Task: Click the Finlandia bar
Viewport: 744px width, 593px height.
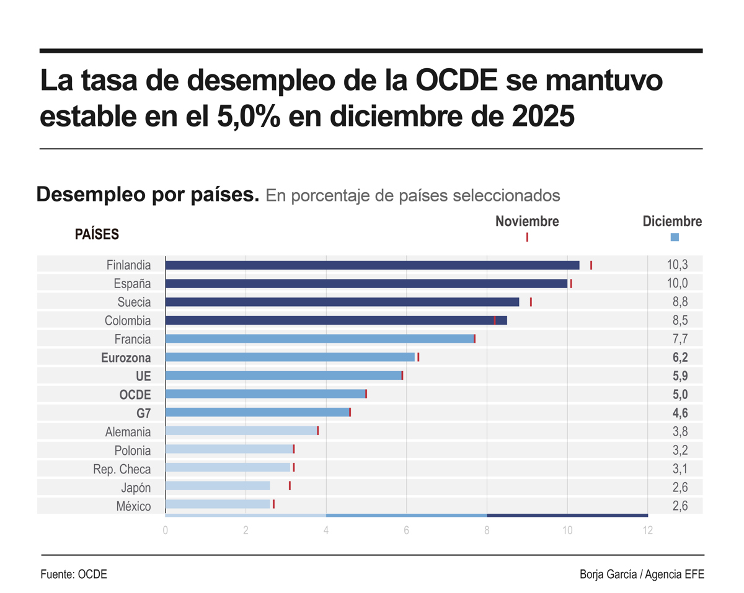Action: pyautogui.click(x=372, y=265)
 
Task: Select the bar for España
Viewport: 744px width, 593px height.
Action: pyautogui.click(x=366, y=284)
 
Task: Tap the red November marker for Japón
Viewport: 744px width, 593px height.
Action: pyautogui.click(x=290, y=486)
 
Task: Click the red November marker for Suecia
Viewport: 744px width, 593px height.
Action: pyautogui.click(x=531, y=302)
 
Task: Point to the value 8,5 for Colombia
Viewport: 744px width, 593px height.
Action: pyautogui.click(x=677, y=320)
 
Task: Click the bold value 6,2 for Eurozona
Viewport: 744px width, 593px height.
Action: pyautogui.click(x=677, y=357)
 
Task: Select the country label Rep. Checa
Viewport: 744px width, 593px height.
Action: pyautogui.click(x=122, y=469)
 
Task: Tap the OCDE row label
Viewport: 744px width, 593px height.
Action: pyautogui.click(x=135, y=394)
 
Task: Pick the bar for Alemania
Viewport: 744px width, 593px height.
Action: pyautogui.click(x=241, y=431)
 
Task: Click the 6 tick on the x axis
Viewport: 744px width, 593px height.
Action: pyautogui.click(x=406, y=530)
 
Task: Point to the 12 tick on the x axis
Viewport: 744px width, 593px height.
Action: pyautogui.click(x=648, y=530)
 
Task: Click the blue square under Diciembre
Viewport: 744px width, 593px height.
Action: pyautogui.click(x=675, y=237)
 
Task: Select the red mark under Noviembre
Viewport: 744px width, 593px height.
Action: pyautogui.click(x=527, y=237)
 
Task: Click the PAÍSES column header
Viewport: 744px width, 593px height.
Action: pyautogui.click(x=97, y=234)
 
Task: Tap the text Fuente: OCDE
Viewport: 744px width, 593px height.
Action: pyautogui.click(x=74, y=574)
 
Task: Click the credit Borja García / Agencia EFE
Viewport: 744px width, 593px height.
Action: pyautogui.click(x=642, y=574)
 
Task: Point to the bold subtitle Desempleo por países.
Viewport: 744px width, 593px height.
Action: pyautogui.click(x=148, y=195)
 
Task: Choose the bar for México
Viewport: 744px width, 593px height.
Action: pyautogui.click(x=218, y=504)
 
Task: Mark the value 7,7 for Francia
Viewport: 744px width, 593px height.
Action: pyautogui.click(x=677, y=339)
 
